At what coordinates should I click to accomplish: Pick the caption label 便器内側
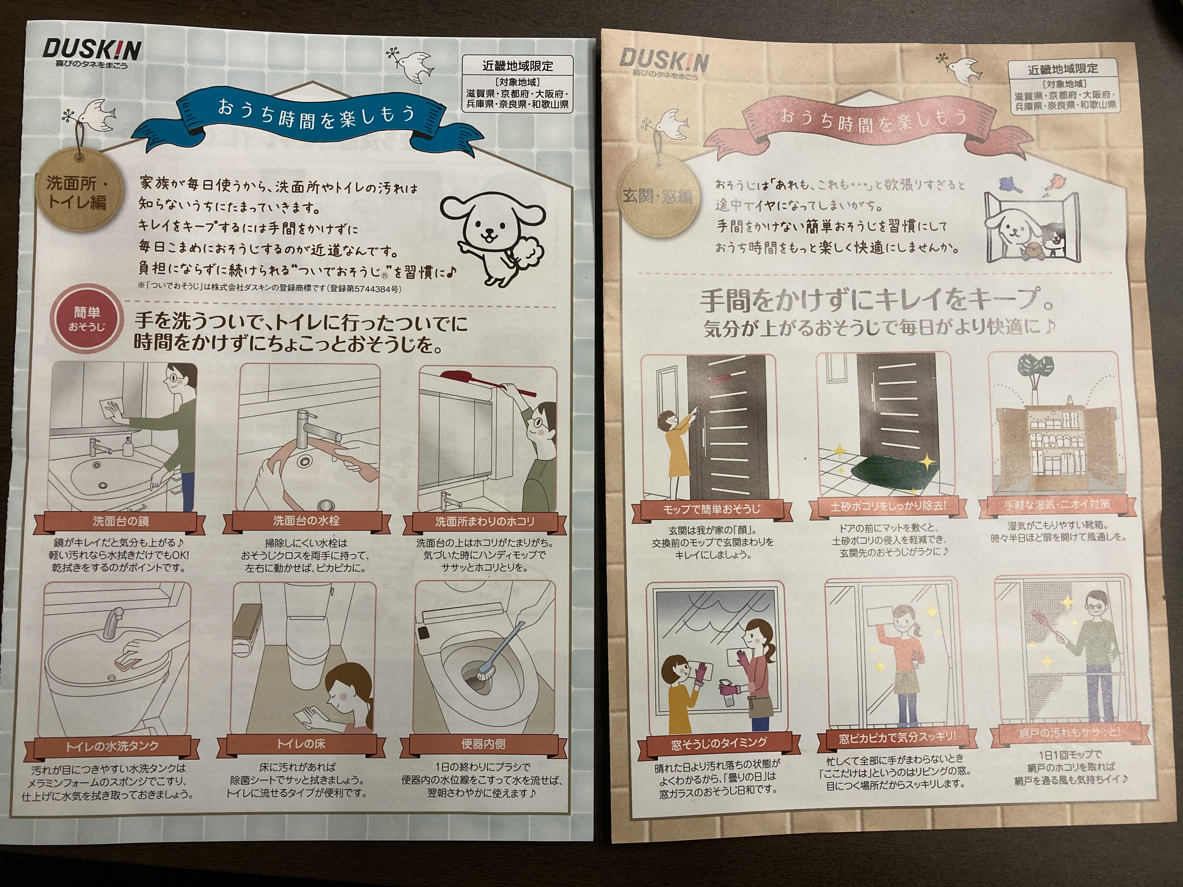click(x=483, y=743)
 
